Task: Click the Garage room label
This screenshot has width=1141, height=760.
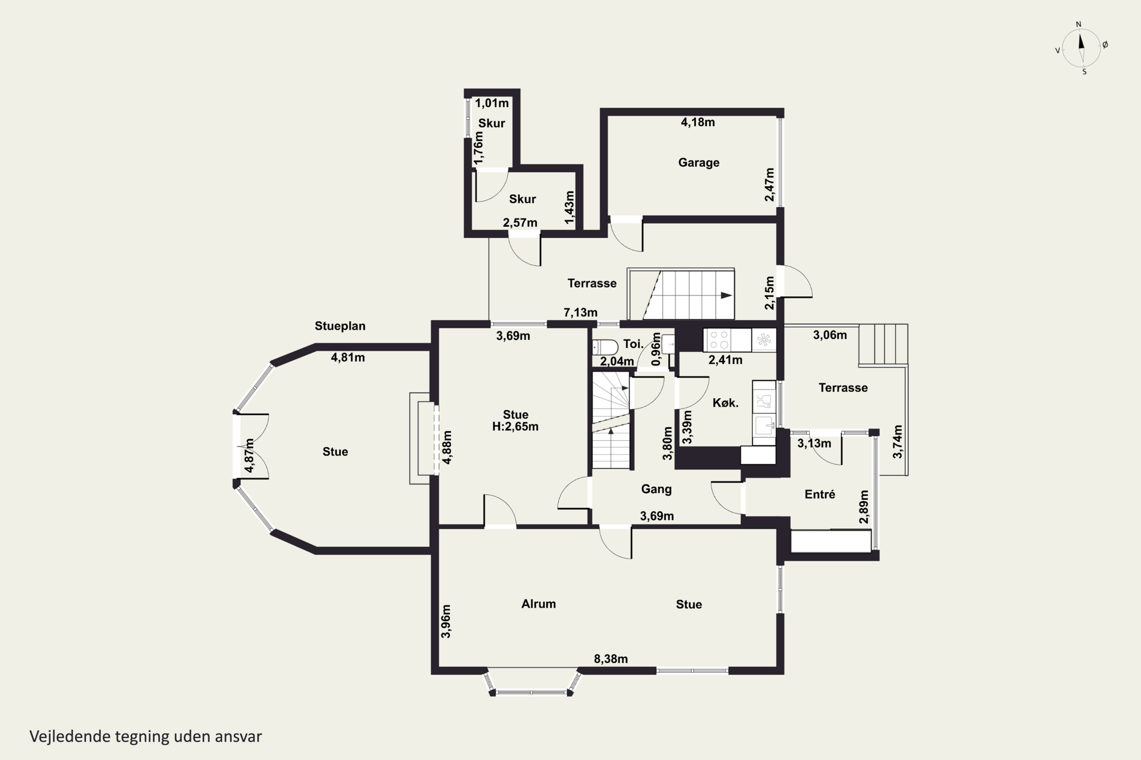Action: click(x=699, y=162)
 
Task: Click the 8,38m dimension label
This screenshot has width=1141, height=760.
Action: click(x=611, y=659)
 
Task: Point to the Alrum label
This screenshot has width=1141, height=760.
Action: click(x=539, y=604)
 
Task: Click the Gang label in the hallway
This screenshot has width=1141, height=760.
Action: click(x=656, y=489)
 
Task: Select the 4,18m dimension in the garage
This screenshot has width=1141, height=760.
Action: click(x=698, y=122)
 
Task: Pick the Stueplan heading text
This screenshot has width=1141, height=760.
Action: click(x=340, y=326)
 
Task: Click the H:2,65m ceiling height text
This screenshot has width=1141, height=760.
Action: click(x=515, y=426)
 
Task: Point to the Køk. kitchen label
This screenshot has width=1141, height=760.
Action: click(x=725, y=403)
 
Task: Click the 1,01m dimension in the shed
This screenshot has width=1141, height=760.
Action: click(x=491, y=103)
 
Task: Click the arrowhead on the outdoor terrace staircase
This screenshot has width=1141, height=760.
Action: click(x=726, y=295)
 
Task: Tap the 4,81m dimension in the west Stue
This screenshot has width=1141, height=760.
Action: click(x=348, y=358)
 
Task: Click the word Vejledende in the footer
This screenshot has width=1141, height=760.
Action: click(x=70, y=737)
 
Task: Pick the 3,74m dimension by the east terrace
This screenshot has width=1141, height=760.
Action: click(x=898, y=442)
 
